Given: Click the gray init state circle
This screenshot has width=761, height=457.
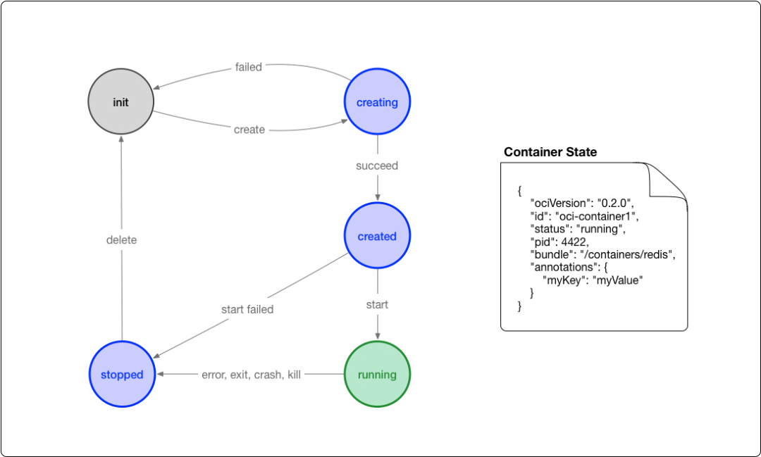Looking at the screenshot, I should click(121, 102).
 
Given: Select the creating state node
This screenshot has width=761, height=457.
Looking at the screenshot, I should click(377, 102).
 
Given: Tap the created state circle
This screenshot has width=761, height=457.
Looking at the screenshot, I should click(377, 237).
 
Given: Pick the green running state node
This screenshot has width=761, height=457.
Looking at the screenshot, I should click(377, 375).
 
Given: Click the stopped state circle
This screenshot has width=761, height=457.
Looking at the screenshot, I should click(122, 375).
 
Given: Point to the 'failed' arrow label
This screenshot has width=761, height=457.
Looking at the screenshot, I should click(248, 68).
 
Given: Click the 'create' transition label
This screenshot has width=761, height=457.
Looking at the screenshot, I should click(249, 130).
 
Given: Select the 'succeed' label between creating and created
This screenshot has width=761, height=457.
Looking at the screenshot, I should click(377, 166).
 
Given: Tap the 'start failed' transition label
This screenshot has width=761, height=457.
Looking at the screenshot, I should click(247, 309).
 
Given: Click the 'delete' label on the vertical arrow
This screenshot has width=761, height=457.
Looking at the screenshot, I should click(121, 240).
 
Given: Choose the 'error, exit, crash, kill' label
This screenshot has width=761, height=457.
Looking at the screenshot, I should click(252, 375).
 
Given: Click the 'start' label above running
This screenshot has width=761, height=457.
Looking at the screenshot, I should click(377, 305).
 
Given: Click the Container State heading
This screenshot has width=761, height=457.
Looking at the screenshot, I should click(550, 152).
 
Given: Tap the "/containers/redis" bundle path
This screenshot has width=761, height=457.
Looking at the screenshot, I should click(627, 254).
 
